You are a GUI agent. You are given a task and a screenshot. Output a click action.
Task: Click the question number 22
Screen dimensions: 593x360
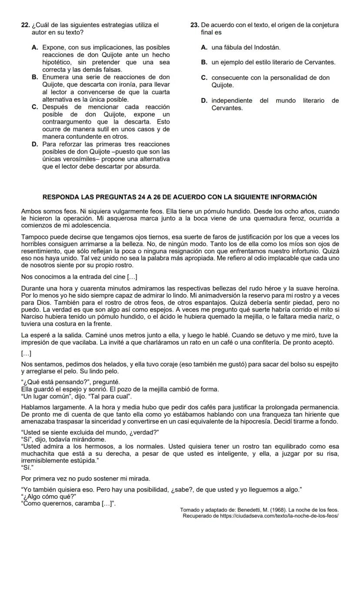25,25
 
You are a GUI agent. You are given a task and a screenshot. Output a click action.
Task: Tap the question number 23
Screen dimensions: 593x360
194,25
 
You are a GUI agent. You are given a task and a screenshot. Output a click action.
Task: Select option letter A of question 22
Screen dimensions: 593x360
35,47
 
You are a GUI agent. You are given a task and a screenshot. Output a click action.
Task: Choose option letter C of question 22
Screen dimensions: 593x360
35,107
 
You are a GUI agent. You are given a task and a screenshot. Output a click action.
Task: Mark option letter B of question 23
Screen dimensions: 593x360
204,62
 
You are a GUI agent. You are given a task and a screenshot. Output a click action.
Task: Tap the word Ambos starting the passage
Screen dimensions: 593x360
30,211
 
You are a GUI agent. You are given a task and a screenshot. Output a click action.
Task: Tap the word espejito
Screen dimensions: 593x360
326,364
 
